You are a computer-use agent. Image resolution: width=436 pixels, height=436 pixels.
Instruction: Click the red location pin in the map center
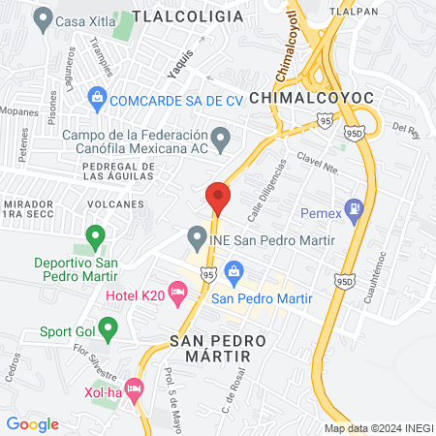pyautogui.click(x=219, y=197)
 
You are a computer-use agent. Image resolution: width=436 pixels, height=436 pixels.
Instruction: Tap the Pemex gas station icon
pyautogui.click(x=356, y=207)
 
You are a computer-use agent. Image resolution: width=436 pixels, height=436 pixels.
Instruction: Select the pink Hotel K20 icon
pyautogui.click(x=177, y=291)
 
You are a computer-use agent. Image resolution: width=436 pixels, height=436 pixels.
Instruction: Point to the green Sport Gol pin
pyautogui.click(x=109, y=330)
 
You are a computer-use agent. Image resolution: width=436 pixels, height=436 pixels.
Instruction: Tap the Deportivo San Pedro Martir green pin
pyautogui.click(x=95, y=235)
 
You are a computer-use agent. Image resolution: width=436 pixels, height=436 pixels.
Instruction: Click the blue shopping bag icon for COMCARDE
pyautogui.click(x=97, y=98)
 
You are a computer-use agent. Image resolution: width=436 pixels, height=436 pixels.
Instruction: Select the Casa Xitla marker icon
pyautogui.click(x=42, y=18)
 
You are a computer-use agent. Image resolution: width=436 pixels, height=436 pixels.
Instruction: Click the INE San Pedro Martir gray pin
pyautogui.click(x=198, y=237)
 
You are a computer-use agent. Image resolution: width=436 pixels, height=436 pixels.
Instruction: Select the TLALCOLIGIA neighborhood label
pyautogui.click(x=188, y=16)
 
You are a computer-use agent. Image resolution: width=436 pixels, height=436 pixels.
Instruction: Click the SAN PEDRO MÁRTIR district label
pyautogui.click(x=210, y=349)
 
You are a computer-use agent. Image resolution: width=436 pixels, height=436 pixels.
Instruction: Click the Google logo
pyautogui.click(x=32, y=423)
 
